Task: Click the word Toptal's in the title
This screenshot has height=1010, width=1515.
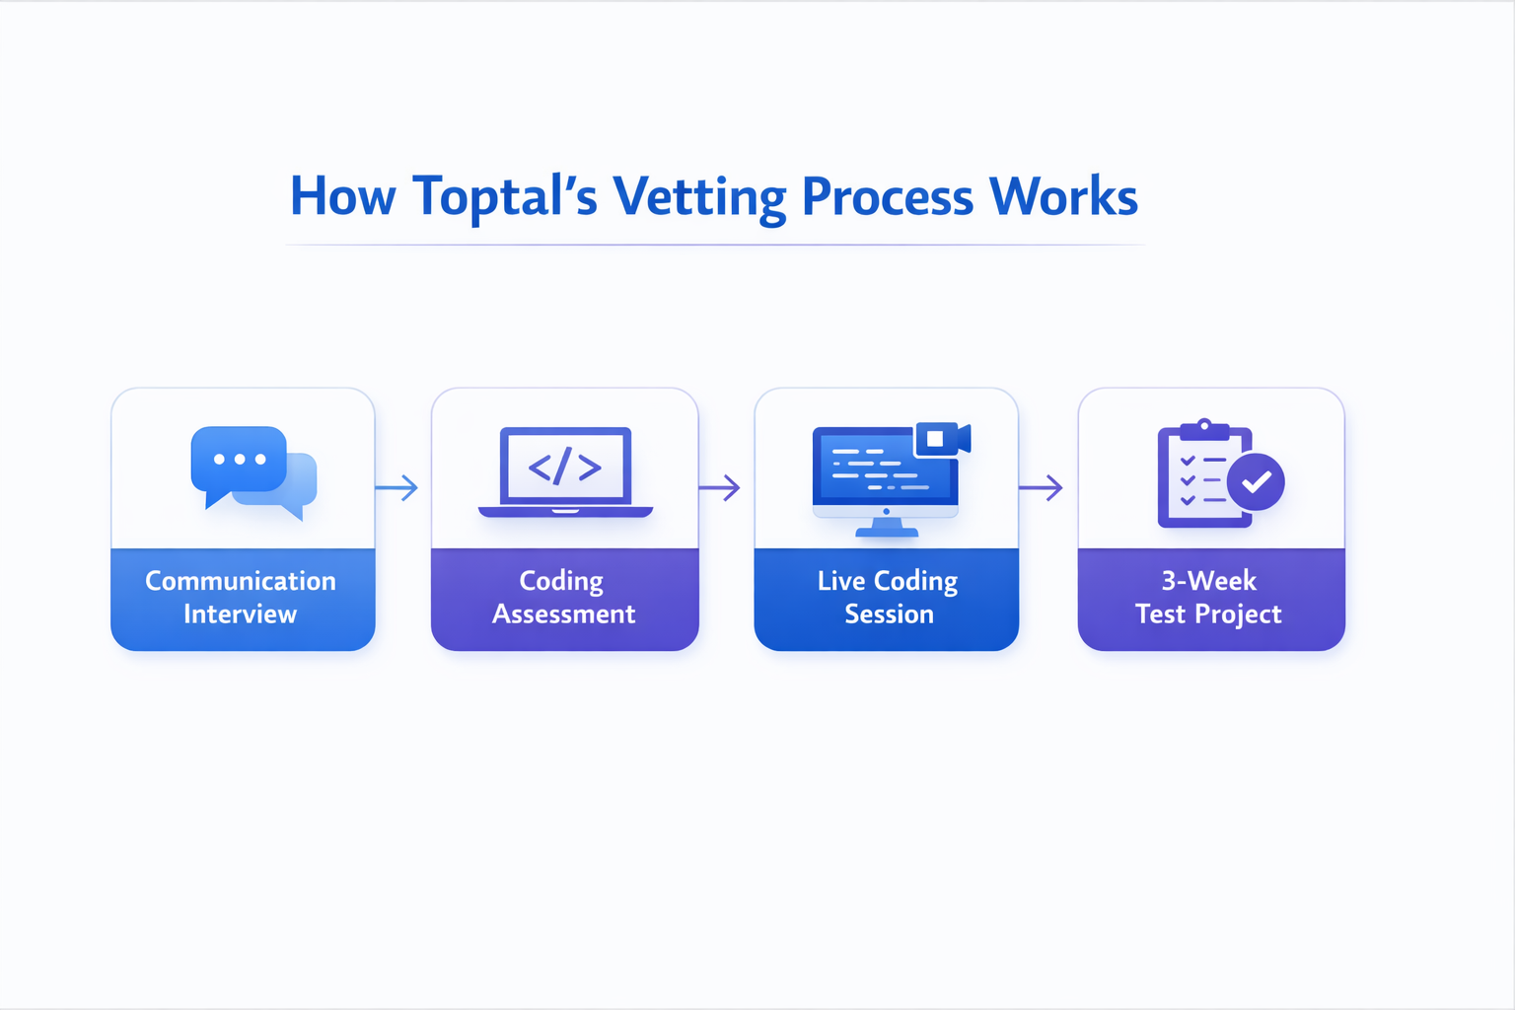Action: [x=505, y=197]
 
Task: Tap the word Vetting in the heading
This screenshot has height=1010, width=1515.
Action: [x=698, y=197]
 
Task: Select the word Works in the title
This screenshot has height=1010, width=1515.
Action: [x=1063, y=197]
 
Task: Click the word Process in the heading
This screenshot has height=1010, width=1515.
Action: [x=887, y=197]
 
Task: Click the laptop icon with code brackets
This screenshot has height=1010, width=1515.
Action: [x=565, y=470]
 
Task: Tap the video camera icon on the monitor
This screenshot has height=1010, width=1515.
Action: [x=942, y=438]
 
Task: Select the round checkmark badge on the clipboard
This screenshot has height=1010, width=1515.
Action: [x=1256, y=482]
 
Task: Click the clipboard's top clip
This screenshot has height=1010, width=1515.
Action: [x=1204, y=429]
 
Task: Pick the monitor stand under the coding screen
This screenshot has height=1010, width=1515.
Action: [x=887, y=528]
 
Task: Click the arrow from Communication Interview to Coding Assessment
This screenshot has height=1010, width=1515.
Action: [x=397, y=487]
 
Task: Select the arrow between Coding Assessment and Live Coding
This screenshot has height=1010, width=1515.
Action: [x=720, y=487]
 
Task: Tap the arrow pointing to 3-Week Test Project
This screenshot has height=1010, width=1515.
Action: [x=1042, y=487]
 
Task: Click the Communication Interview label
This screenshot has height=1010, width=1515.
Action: [x=241, y=597]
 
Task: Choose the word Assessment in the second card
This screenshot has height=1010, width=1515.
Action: [x=564, y=614]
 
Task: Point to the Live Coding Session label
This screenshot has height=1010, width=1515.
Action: [x=888, y=597]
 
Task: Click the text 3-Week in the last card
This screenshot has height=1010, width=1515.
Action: [x=1209, y=580]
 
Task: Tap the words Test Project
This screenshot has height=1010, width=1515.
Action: [x=1208, y=614]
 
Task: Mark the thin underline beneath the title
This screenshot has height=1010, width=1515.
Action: [x=714, y=244]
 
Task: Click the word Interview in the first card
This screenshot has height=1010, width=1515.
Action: [x=240, y=614]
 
